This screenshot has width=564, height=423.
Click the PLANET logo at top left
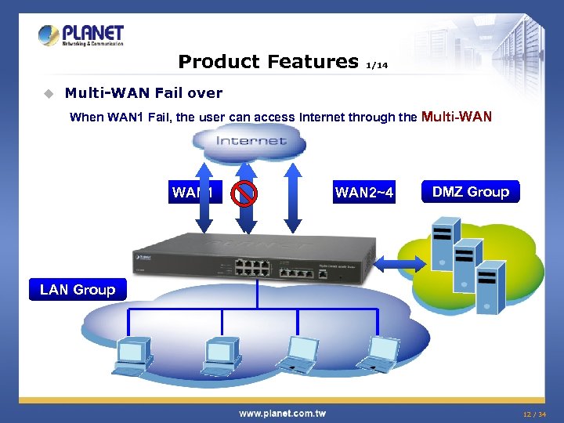coord(81,35)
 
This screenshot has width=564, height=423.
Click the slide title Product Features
coord(268,61)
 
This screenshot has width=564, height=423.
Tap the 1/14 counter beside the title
coord(377,66)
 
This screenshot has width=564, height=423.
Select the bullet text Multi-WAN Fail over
coord(143,92)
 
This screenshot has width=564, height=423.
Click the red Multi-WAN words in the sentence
coord(457,117)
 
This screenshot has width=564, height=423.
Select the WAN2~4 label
coord(364,193)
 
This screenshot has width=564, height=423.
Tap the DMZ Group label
coord(471,192)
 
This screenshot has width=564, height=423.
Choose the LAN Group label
coord(77,290)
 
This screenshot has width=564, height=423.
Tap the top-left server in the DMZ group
coord(442,234)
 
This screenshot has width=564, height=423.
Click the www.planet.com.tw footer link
coord(282,413)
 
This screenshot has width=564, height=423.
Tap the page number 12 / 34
coord(536,414)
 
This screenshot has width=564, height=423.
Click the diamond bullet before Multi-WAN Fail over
coord(48,93)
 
